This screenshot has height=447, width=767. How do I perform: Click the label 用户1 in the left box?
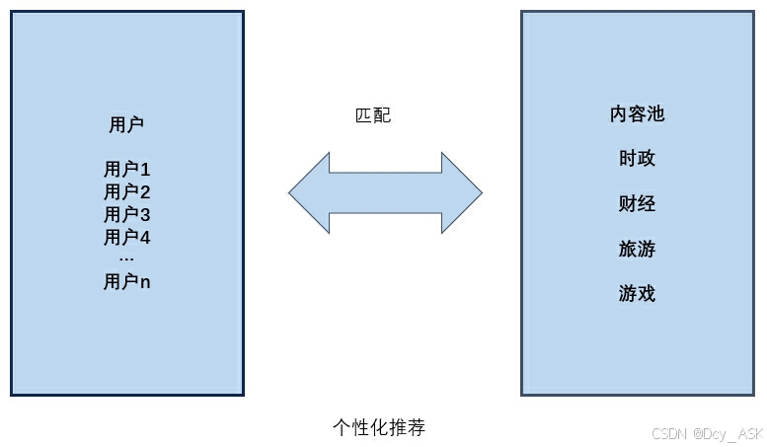point(126,169)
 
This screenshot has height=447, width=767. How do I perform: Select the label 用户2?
point(126,191)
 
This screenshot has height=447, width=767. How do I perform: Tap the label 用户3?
point(126,214)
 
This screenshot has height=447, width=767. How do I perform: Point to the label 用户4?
point(126,237)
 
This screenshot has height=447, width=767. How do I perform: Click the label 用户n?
point(126,282)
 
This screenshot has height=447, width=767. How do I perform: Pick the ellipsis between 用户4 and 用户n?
point(126,259)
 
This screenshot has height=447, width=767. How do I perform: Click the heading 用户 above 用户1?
point(126,124)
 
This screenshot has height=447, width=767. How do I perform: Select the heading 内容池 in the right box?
point(637,114)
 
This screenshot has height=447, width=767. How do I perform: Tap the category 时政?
point(637,159)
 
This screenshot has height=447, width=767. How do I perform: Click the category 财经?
point(637,204)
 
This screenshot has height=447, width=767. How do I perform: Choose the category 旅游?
point(637,249)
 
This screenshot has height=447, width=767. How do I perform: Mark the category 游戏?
point(637,294)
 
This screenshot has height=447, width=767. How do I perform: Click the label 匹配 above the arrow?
point(373,115)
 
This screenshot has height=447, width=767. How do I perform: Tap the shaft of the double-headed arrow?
point(385,191)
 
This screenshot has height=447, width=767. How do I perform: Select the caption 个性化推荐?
point(379,427)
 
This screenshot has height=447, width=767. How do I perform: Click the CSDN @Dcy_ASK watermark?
point(708,433)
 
